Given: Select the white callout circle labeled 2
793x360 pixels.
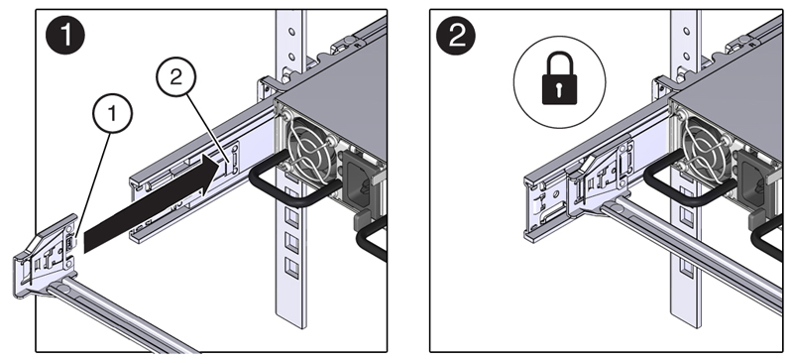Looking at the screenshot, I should [179, 78].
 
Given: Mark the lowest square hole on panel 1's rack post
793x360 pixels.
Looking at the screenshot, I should [288, 266].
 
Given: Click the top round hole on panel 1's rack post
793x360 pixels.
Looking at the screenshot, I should [289, 30].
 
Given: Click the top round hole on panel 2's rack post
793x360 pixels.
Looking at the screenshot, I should [685, 30].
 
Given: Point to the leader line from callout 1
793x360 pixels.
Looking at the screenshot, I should [89, 182].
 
